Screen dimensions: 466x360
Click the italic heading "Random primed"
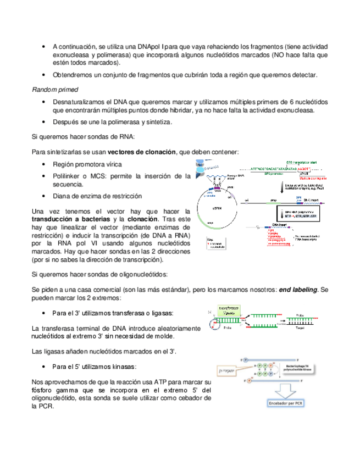pyautogui.click(x=54, y=89)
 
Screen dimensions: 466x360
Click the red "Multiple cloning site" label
pyautogui.click(x=312, y=179)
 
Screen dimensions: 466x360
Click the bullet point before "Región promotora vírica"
pyautogui.click(x=43, y=165)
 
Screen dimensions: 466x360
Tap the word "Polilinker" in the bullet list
pyautogui.click(x=69, y=176)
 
